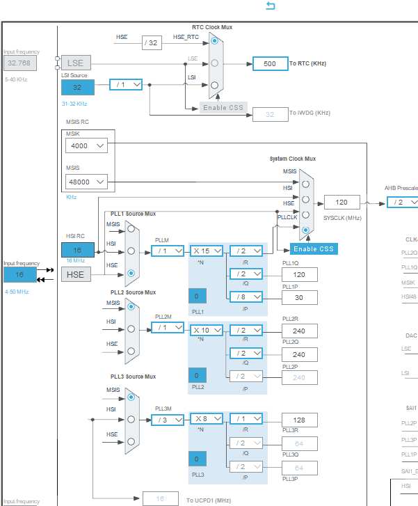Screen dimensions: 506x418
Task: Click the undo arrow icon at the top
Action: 271,6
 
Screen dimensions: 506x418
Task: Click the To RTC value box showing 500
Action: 269,63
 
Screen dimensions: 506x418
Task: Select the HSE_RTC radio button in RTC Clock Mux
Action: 215,41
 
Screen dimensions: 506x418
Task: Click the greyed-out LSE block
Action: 76,63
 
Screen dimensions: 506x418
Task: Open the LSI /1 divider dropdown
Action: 126,84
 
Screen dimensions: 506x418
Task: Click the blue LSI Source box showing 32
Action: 77,87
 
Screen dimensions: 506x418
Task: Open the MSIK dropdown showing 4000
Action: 87,145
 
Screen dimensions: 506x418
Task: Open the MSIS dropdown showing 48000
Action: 87,182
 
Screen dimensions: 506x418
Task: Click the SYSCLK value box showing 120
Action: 341,202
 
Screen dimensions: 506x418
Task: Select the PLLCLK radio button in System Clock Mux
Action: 305,229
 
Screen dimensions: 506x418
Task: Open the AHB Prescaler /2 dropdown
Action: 401,202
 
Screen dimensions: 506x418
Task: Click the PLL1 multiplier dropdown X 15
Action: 206,251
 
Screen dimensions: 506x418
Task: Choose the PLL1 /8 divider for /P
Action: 246,296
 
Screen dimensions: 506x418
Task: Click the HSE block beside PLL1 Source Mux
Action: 76,274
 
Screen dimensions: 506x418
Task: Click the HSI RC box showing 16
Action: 77,250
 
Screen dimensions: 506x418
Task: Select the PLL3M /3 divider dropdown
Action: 167,419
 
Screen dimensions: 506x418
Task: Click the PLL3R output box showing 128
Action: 299,419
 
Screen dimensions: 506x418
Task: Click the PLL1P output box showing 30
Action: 299,297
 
